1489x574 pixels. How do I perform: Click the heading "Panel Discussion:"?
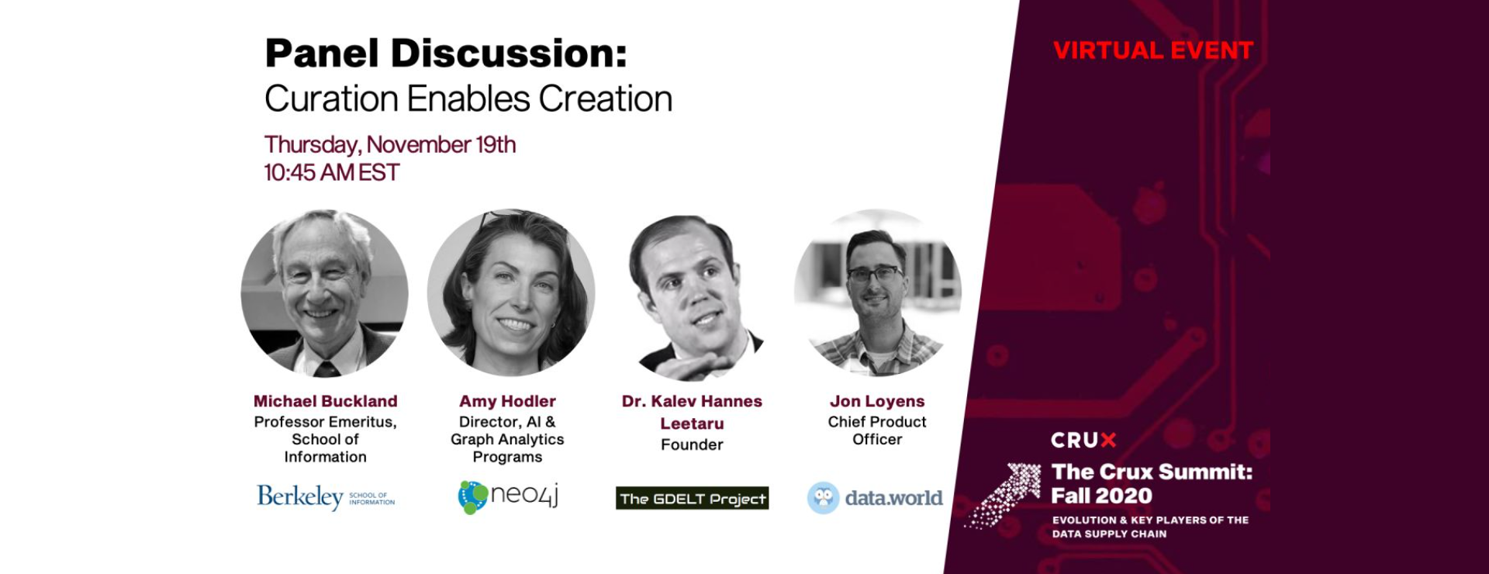(x=446, y=54)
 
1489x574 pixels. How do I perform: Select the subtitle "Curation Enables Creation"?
(x=468, y=99)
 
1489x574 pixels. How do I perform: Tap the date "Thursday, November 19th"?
(x=390, y=145)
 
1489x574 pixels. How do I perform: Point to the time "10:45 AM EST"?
(x=332, y=172)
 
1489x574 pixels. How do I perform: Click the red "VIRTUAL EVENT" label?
(x=1153, y=51)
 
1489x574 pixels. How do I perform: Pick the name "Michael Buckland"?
(x=326, y=401)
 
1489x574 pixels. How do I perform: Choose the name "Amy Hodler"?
(x=508, y=401)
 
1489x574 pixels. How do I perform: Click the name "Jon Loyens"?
(x=877, y=401)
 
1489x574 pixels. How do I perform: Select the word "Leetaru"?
(x=693, y=424)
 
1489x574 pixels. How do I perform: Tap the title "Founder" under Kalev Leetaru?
(x=693, y=444)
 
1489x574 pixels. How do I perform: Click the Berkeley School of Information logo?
(x=326, y=496)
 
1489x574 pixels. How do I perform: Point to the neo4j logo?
(x=508, y=497)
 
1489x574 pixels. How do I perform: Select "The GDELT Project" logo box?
(x=693, y=498)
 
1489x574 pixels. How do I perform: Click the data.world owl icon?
(x=824, y=498)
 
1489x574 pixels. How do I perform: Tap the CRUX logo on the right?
(x=1083, y=441)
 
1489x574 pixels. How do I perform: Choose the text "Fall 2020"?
(x=1101, y=496)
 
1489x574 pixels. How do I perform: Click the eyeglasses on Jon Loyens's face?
(x=876, y=273)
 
